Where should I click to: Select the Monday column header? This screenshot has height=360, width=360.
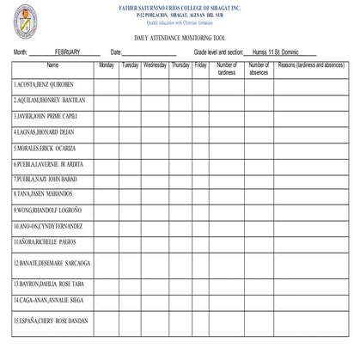107,65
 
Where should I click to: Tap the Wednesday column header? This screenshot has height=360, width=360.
155,65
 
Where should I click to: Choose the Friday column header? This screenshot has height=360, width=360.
200,65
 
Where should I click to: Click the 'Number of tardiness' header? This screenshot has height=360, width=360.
227,69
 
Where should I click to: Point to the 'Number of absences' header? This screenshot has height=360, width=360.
259,69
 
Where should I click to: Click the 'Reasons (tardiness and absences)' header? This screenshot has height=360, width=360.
311,65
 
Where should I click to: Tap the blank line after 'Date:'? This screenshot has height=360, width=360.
151,53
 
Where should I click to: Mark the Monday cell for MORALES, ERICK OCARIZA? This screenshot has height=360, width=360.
107,148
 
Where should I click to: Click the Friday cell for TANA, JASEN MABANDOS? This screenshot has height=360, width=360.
200,194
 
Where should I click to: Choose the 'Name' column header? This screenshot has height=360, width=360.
52,65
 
